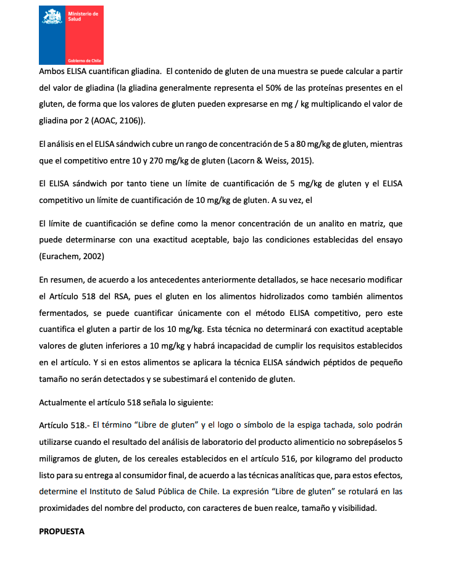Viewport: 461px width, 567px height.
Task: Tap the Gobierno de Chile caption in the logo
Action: (x=84, y=60)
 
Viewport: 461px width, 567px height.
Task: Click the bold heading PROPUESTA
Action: (x=62, y=531)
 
